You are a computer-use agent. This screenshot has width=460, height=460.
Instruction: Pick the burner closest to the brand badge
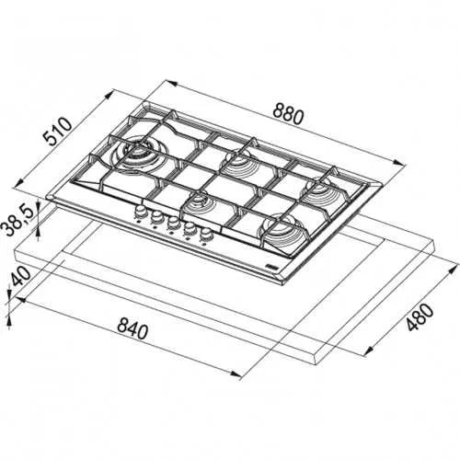point(277,229)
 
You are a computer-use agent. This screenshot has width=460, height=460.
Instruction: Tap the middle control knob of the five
point(173,224)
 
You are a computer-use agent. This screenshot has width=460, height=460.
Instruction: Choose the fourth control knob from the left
point(190,229)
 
